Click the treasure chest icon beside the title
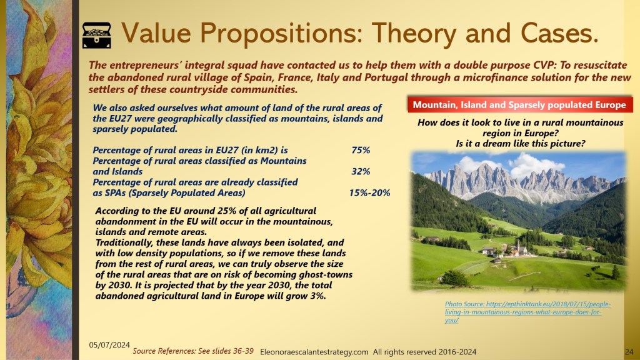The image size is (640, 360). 96,36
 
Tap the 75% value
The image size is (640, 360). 361,150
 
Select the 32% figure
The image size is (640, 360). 361,171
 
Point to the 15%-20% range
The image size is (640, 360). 369,192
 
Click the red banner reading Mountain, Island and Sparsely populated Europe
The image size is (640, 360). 519,105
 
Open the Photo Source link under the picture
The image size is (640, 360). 527,312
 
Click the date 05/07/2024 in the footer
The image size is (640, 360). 109,345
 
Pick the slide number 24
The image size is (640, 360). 629,351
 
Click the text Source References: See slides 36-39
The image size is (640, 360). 193,351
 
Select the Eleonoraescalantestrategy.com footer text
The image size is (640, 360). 314,352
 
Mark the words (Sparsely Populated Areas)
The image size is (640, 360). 187,192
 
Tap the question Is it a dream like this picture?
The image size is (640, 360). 521,144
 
